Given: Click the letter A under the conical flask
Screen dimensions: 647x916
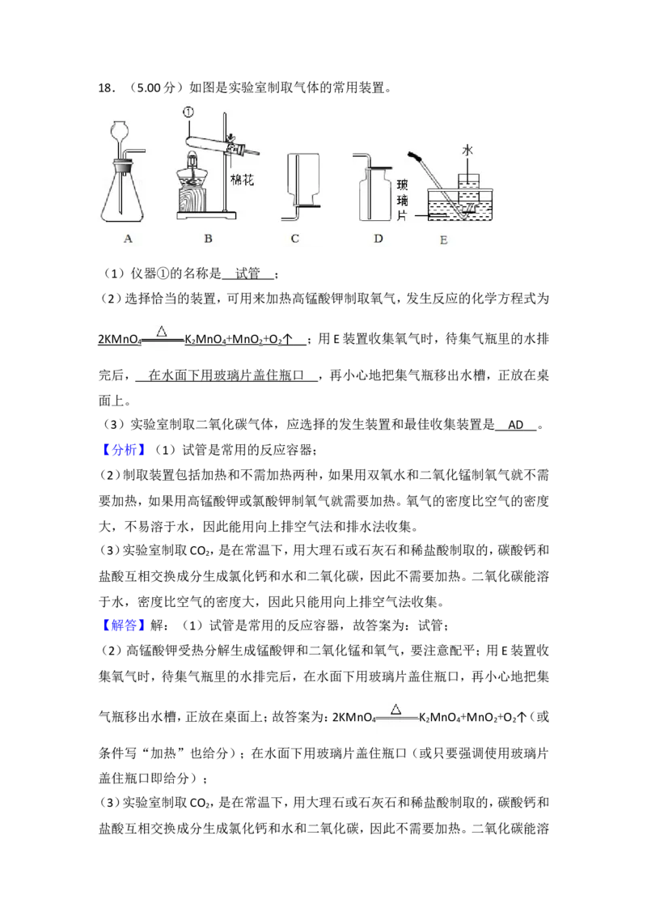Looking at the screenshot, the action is [x=126, y=238].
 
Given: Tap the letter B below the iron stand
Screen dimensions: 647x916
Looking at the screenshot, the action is [x=208, y=238].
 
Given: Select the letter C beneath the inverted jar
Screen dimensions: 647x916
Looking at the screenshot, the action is [x=295, y=238].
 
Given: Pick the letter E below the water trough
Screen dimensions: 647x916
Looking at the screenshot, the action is [x=442, y=240].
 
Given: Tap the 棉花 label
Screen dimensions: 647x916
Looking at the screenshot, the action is [x=243, y=180].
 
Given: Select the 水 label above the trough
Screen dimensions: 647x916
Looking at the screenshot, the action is [x=467, y=151].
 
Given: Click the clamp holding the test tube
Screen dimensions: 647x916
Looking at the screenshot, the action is [x=235, y=147].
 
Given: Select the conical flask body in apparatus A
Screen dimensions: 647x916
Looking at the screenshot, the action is [x=121, y=202].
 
